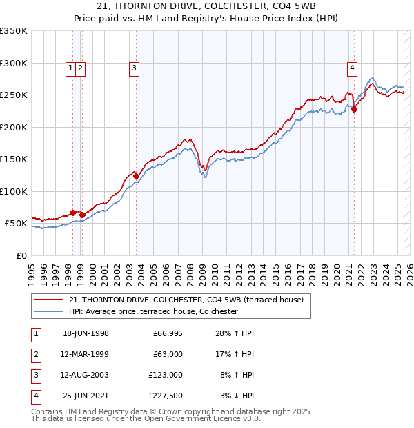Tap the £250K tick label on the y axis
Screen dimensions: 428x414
tap(14, 95)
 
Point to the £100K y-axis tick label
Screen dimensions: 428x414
tap(14, 192)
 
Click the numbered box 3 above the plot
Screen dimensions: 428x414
tap(133, 68)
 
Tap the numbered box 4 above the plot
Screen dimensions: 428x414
tap(352, 68)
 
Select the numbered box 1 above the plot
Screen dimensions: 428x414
tap(72, 68)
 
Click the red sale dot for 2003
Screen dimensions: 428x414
tap(136, 177)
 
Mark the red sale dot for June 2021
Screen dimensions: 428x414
tap(354, 109)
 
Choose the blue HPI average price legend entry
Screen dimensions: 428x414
tap(153, 311)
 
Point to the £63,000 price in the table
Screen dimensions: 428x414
tap(168, 354)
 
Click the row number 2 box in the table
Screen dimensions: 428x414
tap(35, 354)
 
